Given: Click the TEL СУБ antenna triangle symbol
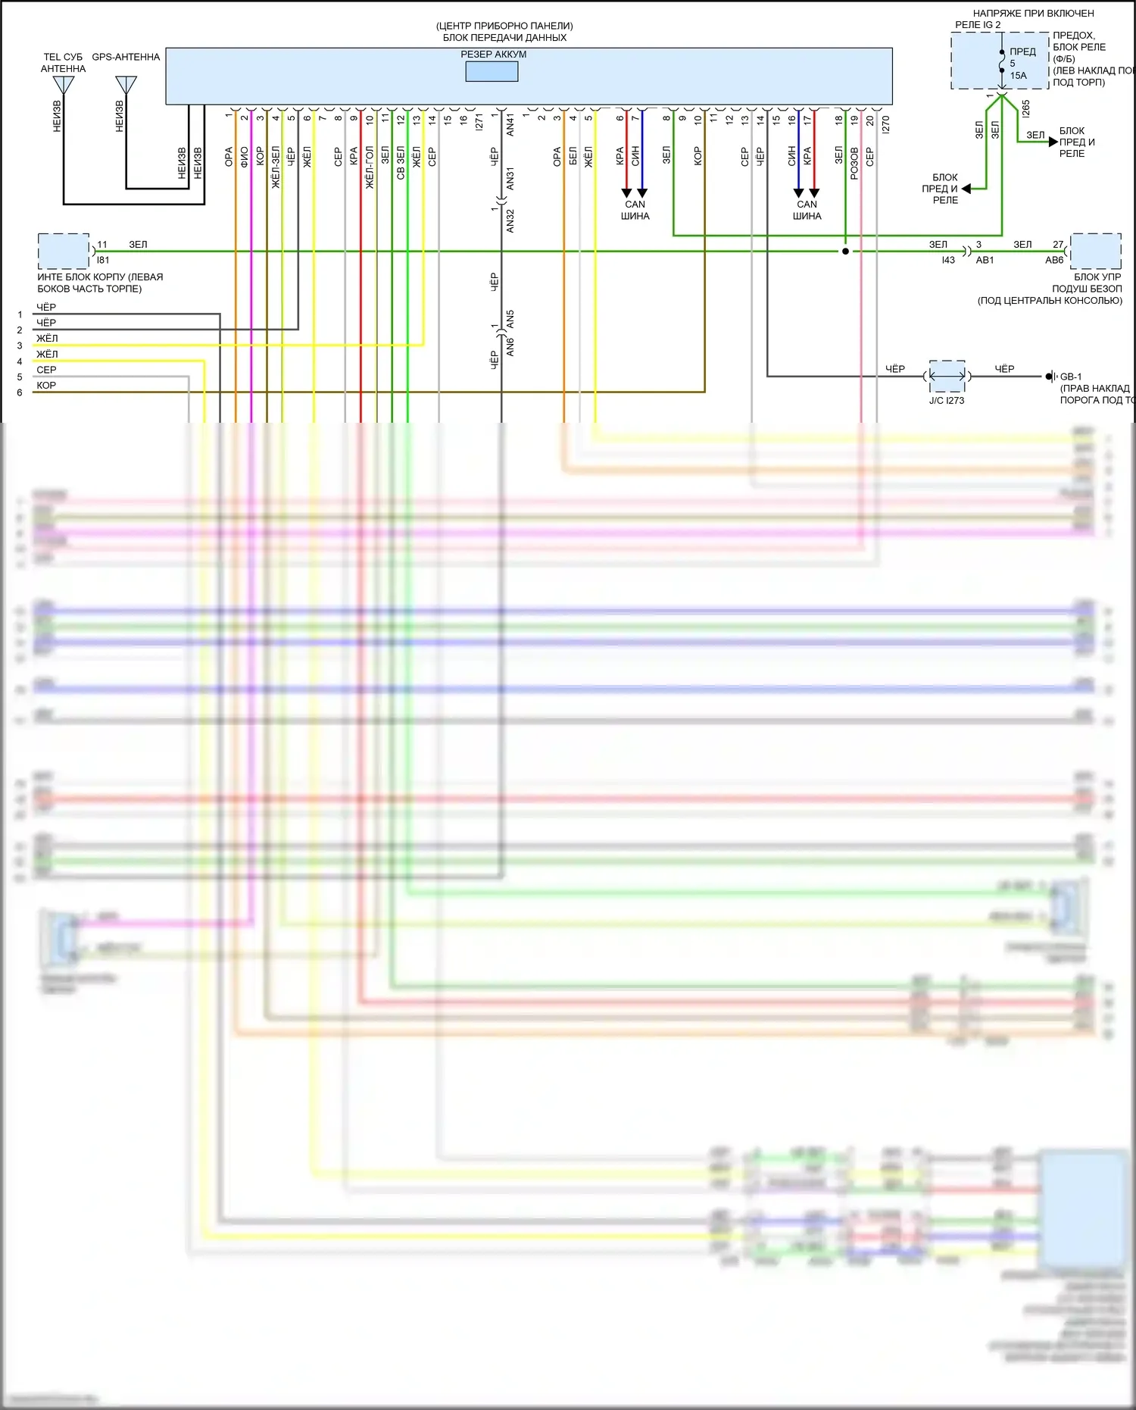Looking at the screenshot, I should tap(64, 84).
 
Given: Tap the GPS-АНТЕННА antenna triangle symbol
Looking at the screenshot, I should tap(126, 84).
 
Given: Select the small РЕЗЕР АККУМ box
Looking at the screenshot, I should tap(492, 71).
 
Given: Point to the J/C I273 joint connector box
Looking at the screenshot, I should tap(947, 376).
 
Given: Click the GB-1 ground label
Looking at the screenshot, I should tap(1070, 377).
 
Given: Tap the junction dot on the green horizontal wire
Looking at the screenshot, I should tap(845, 251).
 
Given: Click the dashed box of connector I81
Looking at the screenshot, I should tap(64, 251).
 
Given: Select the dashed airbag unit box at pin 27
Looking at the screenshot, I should tap(1095, 251).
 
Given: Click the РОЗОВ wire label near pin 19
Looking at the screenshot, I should tap(854, 163).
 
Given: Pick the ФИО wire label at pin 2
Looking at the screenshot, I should tap(245, 157).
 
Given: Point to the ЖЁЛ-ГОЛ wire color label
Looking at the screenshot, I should tap(370, 167).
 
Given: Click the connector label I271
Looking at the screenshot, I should tap(479, 123).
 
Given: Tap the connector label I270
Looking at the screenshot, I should tap(885, 124).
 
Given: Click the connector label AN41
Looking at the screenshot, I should tap(510, 125).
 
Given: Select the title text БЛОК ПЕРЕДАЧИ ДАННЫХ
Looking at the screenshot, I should tap(504, 37).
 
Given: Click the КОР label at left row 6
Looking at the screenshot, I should tap(46, 386).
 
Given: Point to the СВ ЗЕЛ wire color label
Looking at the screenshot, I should tap(401, 163).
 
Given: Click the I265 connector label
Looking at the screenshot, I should tap(1025, 108).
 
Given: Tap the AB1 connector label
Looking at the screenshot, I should tap(985, 260).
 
